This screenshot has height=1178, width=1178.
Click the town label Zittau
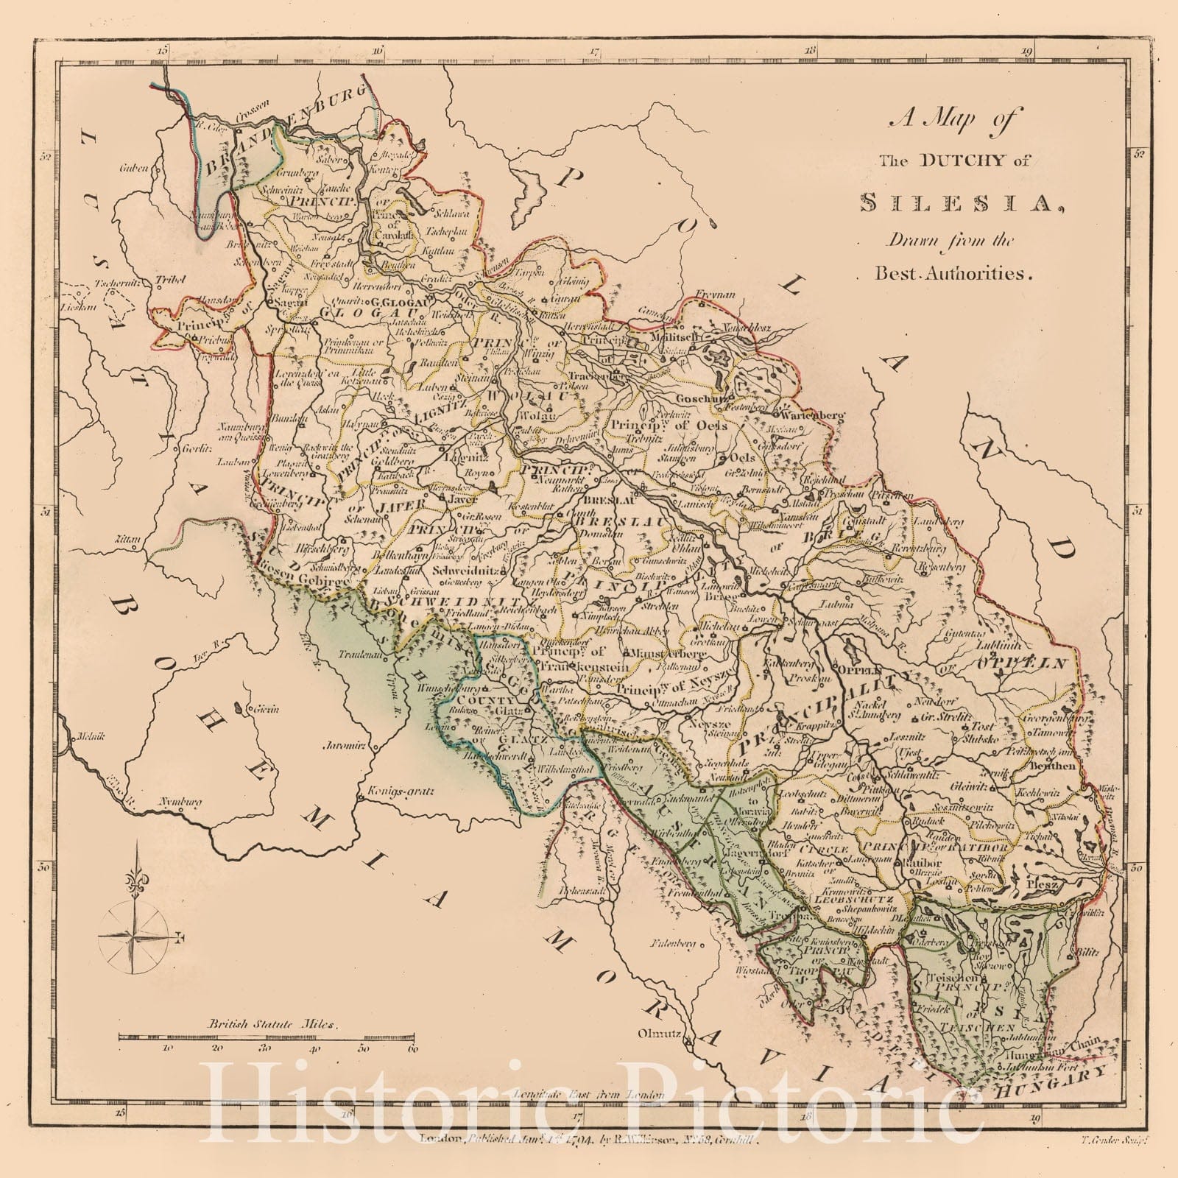127,540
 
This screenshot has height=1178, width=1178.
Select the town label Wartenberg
813,415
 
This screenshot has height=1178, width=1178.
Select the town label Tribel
169,280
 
